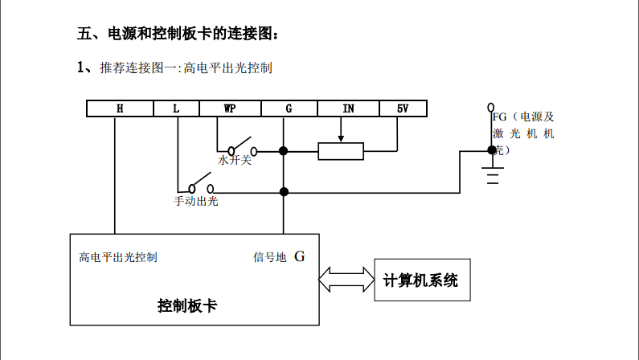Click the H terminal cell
pos(118,108)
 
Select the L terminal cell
pos(176,108)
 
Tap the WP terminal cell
pos(229,108)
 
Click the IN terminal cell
pos(348,108)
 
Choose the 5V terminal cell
pos(403,108)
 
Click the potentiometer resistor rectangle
pos(341,150)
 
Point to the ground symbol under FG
pos(492,174)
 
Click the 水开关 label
pos(235,161)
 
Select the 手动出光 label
pos(196,201)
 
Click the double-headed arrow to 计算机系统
pos(346,279)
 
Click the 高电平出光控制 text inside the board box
pos(118,258)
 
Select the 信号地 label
pos(270,258)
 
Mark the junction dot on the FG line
pos(491,150)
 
